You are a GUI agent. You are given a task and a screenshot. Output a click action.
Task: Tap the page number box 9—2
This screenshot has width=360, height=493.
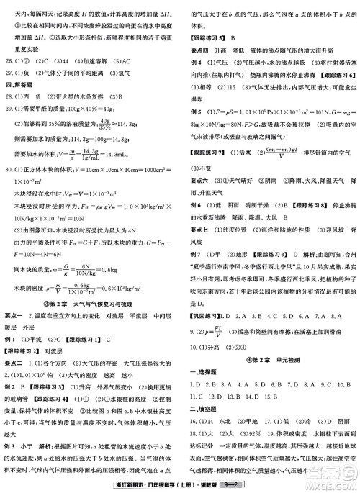tap(231, 486)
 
